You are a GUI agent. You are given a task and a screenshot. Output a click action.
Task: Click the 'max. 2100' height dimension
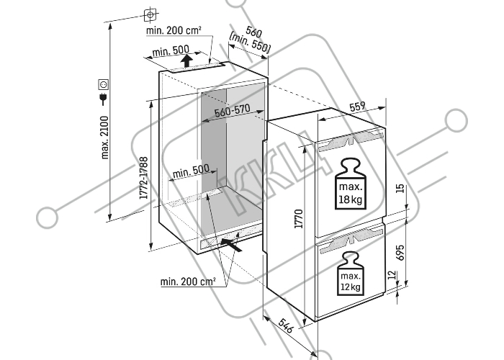pyautogui.click(x=105, y=138)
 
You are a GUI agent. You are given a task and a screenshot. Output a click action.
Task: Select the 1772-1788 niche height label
pyautogui.click(x=144, y=178)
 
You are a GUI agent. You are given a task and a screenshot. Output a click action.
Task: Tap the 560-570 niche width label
pyautogui.click(x=232, y=110)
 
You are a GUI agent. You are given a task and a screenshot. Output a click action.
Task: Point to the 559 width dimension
pyautogui.click(x=357, y=107)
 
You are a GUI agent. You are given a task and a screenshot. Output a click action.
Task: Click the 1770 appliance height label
pyautogui.click(x=299, y=219)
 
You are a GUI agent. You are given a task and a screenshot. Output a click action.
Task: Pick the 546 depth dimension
pyautogui.click(x=285, y=325)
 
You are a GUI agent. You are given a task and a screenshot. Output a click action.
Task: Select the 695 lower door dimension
pyautogui.click(x=400, y=253)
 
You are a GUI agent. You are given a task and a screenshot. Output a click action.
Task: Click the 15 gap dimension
pyautogui.click(x=400, y=189)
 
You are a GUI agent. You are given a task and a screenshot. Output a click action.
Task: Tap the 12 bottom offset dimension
pyautogui.click(x=392, y=275)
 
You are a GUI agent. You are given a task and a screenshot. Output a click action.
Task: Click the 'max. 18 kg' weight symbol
pyautogui.click(x=351, y=184)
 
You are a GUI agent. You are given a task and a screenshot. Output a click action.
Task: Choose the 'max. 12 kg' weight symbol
pyautogui.click(x=351, y=273)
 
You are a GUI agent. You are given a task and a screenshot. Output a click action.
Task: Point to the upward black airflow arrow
pyautogui.click(x=186, y=60)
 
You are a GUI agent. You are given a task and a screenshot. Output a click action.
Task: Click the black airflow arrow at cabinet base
pyautogui.click(x=231, y=245)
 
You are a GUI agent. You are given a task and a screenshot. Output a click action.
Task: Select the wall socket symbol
pyautogui.click(x=103, y=84)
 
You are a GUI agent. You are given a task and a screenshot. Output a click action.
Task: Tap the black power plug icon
pyautogui.click(x=103, y=99)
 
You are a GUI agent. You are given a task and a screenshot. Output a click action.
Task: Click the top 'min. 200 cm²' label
pyautogui.click(x=174, y=30)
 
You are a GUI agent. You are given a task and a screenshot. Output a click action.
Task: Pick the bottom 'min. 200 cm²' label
pyautogui.click(x=188, y=282)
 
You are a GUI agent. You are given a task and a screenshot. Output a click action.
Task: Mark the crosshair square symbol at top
pyautogui.click(x=150, y=14)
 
